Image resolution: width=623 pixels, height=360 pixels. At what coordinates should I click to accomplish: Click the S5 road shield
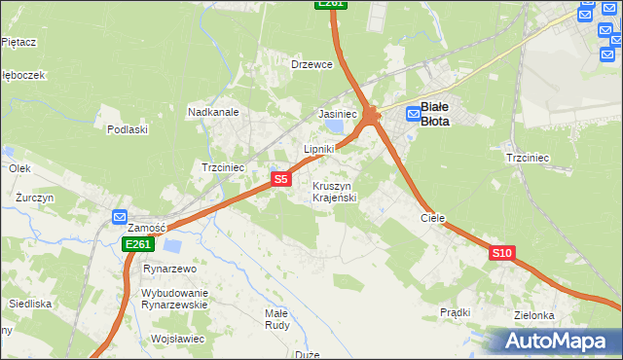click(280, 179)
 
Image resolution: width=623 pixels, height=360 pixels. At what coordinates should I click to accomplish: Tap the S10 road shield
click(501, 253)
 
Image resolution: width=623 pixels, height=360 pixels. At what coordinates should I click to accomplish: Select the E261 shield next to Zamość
click(137, 244)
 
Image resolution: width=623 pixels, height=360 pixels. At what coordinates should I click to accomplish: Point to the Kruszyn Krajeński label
click(335, 191)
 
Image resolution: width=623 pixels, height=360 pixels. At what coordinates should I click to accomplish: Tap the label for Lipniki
click(319, 149)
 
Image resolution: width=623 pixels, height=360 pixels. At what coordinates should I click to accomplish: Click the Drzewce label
click(312, 64)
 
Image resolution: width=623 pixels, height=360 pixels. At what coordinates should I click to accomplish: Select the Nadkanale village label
click(214, 112)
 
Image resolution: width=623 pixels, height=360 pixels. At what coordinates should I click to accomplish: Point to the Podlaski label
click(128, 129)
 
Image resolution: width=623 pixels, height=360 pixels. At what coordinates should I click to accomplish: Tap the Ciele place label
click(432, 218)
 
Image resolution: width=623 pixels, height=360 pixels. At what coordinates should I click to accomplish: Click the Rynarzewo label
click(170, 269)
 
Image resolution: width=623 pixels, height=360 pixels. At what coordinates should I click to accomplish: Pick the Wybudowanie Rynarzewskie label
click(175, 299)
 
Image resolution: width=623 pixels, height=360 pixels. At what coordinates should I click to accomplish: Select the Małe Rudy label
click(276, 319)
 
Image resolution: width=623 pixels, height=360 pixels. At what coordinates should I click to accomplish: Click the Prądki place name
click(455, 312)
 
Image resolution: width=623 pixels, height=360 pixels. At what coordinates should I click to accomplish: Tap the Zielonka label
click(534, 315)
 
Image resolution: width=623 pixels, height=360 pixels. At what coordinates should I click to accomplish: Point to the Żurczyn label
click(35, 197)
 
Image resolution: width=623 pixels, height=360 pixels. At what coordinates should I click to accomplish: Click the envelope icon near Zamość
click(120, 217)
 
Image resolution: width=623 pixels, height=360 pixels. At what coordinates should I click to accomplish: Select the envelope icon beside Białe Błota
click(414, 114)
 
